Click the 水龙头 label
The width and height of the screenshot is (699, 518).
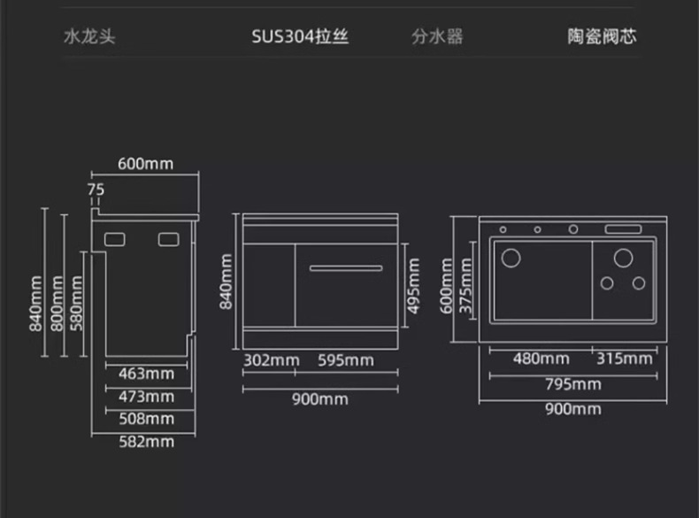pos(89,37)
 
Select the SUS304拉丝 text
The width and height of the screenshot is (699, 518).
pos(299,37)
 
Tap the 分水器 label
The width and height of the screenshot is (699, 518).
pos(437,37)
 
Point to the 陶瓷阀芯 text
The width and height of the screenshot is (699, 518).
pos(602,37)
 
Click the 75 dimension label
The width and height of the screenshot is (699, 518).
pos(96,189)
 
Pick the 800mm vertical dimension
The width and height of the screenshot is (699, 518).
pos(58,304)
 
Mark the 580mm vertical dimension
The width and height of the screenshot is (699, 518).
pos(77,304)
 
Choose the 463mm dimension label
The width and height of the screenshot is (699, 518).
pos(147,375)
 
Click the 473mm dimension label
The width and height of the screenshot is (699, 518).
pos(147,397)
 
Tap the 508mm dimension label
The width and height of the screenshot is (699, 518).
pos(147,419)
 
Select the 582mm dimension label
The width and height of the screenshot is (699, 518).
pos(147,441)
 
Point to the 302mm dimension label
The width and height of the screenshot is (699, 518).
pos(272,360)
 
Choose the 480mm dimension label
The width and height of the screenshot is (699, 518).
pos(541,359)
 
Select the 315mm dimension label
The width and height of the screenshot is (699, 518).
pos(624,359)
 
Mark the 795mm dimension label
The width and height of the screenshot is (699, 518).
pos(572,384)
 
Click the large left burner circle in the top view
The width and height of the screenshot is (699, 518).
pos(511,259)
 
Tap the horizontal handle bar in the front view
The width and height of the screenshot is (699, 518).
pos(346,267)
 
